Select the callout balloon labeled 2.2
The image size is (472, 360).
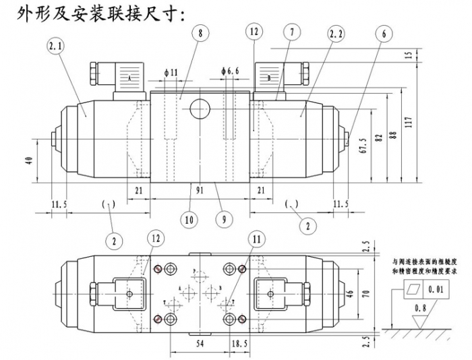click(336, 32)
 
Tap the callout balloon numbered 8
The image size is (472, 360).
click(200, 32)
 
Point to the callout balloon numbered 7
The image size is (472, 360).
click(291, 32)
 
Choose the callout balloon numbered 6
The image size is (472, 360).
click(383, 32)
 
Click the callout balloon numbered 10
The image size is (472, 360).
click(188, 219)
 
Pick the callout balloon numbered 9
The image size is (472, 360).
click(220, 219)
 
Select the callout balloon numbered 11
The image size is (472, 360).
click(256, 239)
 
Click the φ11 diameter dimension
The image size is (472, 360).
click(170, 71)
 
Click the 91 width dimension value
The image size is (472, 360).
click(200, 191)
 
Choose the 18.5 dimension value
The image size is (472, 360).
click(240, 344)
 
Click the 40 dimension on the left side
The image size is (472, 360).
click(28, 160)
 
